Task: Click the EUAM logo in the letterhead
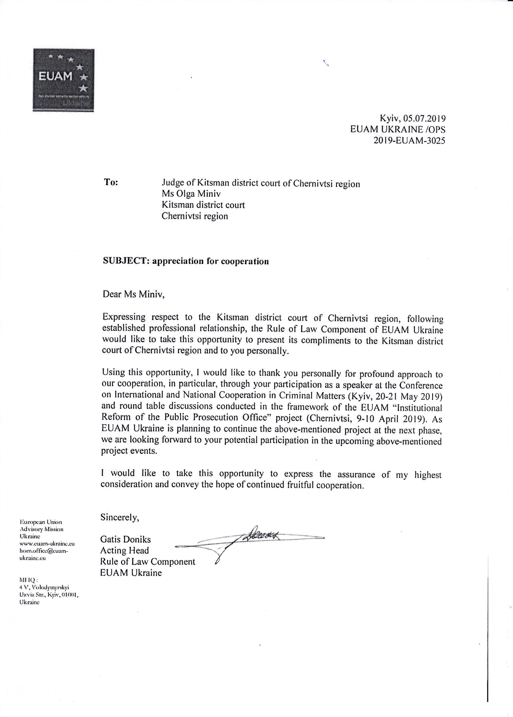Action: click(63, 80)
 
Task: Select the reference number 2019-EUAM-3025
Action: click(409, 140)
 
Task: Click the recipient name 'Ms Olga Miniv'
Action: click(191, 194)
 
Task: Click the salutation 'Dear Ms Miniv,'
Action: click(133, 294)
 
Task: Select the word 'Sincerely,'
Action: click(120, 517)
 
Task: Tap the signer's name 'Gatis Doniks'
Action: click(125, 539)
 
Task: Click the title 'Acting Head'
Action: click(125, 550)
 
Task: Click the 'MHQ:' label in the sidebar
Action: click(29, 580)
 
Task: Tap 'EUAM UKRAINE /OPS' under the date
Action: click(398, 129)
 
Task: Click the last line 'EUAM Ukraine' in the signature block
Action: click(131, 573)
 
